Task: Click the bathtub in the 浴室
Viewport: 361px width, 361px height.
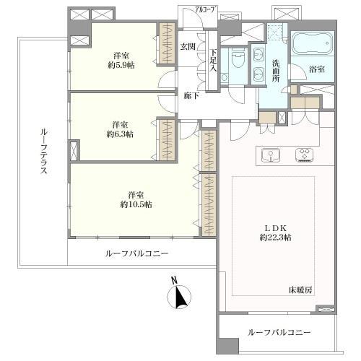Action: [313, 44]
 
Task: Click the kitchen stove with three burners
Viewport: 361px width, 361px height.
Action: [305, 155]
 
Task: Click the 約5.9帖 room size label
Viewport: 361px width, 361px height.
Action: [121, 65]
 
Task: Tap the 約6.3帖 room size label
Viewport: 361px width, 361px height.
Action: [120, 134]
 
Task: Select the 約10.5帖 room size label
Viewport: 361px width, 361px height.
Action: [136, 204]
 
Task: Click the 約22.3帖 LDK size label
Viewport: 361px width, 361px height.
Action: [276, 238]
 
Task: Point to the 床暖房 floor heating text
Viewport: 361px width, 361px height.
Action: [300, 290]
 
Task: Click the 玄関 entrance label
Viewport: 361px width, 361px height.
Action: [188, 46]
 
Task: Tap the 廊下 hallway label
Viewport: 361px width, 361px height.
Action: [191, 96]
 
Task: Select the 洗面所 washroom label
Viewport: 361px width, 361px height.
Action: [276, 71]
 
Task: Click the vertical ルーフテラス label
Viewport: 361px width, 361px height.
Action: [43, 151]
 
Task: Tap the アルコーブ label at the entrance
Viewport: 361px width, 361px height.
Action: [206, 10]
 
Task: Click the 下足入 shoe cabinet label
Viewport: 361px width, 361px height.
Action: [213, 60]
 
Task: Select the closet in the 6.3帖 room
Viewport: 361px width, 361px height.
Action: [167, 139]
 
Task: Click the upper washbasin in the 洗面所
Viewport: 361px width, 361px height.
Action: [258, 54]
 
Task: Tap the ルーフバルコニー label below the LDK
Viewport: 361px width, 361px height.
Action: [279, 333]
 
